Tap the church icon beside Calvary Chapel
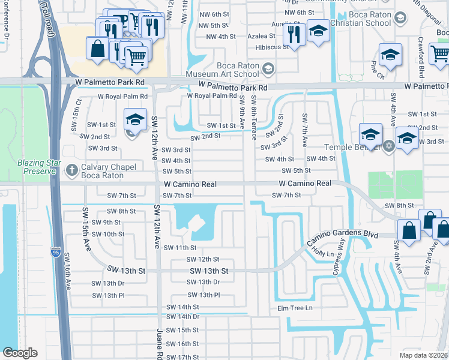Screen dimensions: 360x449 [x=72, y=170]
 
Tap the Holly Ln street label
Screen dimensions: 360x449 [x=322, y=254]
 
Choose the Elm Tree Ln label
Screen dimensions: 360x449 [x=295, y=308]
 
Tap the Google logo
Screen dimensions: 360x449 [x=20, y=352]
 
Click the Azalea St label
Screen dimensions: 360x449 [x=262, y=36]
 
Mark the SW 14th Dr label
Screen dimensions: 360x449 [x=183, y=316]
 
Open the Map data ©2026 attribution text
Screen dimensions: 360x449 [x=424, y=355]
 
